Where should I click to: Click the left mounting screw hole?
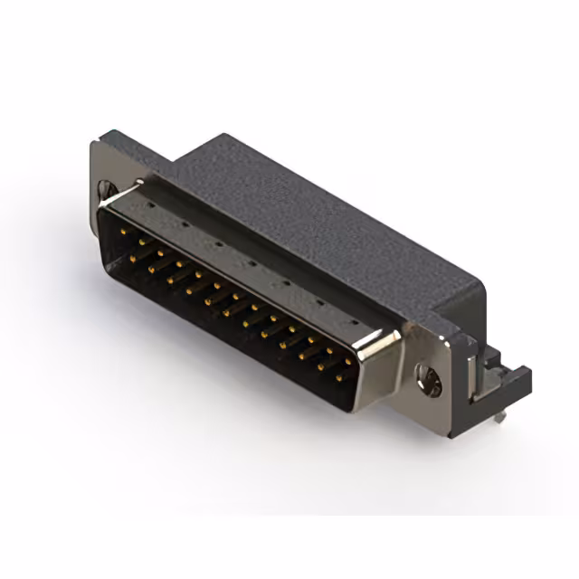[x=107, y=191]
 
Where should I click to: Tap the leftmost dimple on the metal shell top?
[x=148, y=205]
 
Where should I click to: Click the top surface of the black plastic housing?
[x=317, y=217]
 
